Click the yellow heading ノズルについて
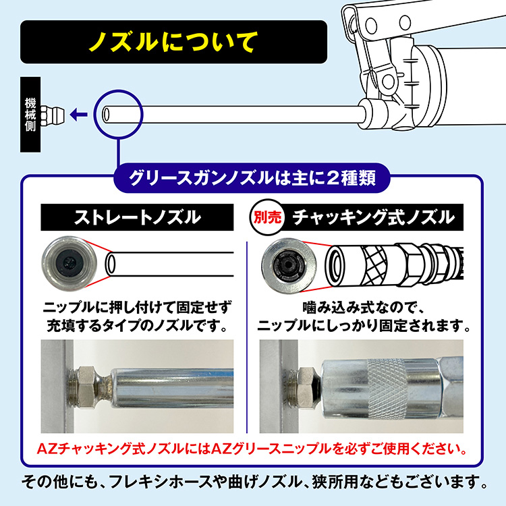[173, 42]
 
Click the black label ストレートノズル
[137, 217]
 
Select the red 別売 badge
[266, 218]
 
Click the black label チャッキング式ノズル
[372, 217]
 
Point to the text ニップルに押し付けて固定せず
[137, 308]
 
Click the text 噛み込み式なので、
[365, 308]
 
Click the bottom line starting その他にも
[253, 482]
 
